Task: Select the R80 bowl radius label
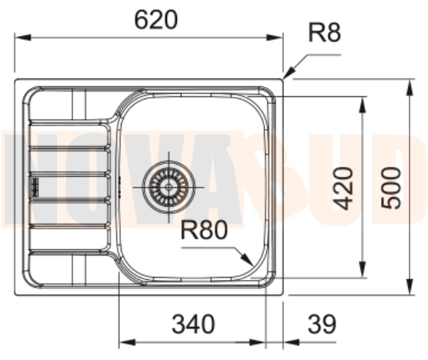click(x=204, y=231)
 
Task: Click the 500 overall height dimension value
click(x=393, y=187)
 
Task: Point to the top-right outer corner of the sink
click(x=282, y=79)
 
